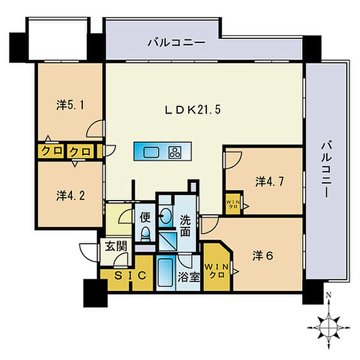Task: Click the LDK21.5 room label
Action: pos(193,109)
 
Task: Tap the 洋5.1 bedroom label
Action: pos(70,105)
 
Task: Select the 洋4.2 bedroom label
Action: pos(70,195)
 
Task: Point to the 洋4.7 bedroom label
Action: pos(269,182)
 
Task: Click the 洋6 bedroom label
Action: pos(263,255)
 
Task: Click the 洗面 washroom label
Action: pos(186,225)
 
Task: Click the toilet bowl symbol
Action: pos(145,234)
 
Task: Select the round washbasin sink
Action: pos(166,217)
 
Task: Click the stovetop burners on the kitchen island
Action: pos(174,151)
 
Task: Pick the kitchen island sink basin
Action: pos(151,151)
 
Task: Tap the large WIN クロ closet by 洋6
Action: pos(216,269)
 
